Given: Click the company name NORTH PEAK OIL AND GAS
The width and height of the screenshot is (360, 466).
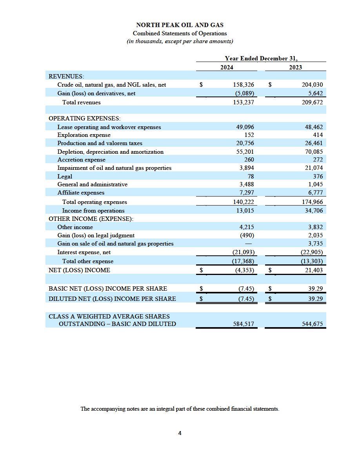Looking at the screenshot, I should pos(180,25).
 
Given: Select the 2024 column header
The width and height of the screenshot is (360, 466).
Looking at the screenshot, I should pos(227,67).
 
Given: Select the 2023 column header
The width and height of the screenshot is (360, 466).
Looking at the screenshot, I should pos(296,67).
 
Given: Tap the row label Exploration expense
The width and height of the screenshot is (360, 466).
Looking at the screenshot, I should pos(84,135).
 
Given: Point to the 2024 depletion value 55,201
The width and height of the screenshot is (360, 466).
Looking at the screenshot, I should pos(244,152).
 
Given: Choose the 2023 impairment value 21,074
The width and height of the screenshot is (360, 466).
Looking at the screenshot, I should pos(314,168).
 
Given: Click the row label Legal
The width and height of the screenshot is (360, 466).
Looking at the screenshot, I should pos(65,177).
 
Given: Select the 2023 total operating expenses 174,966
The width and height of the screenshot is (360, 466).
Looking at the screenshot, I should pos(312,202).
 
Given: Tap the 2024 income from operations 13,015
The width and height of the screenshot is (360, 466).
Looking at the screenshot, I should pos(244,211).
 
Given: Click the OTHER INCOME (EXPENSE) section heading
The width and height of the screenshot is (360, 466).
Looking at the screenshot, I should pos(91,218).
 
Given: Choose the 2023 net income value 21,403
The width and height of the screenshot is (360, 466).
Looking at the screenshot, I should pos(314,270).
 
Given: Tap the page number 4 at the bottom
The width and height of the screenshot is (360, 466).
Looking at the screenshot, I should pos(180,433).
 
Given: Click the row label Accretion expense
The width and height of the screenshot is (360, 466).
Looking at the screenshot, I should pos(81,160).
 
